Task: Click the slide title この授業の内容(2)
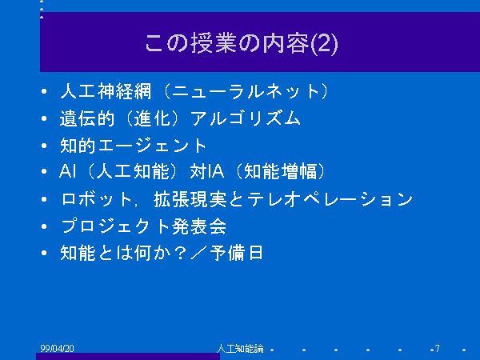pyautogui.click(x=242, y=43)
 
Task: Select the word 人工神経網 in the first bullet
pyautogui.click(x=106, y=91)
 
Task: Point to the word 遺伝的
pyautogui.click(x=87, y=118)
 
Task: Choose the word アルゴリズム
pyautogui.click(x=246, y=118)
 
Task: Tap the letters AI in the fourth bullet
pyautogui.click(x=67, y=171)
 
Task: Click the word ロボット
pyautogui.click(x=97, y=199)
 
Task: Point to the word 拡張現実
pyautogui.click(x=190, y=199)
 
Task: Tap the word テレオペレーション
pyautogui.click(x=330, y=199)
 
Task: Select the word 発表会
pyautogui.click(x=199, y=226)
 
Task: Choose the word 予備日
pyautogui.click(x=236, y=253)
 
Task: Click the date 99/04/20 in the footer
pyautogui.click(x=58, y=348)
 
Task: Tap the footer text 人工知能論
pyautogui.click(x=240, y=348)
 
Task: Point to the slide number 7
pyautogui.click(x=437, y=348)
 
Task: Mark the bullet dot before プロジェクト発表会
pyautogui.click(x=44, y=226)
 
